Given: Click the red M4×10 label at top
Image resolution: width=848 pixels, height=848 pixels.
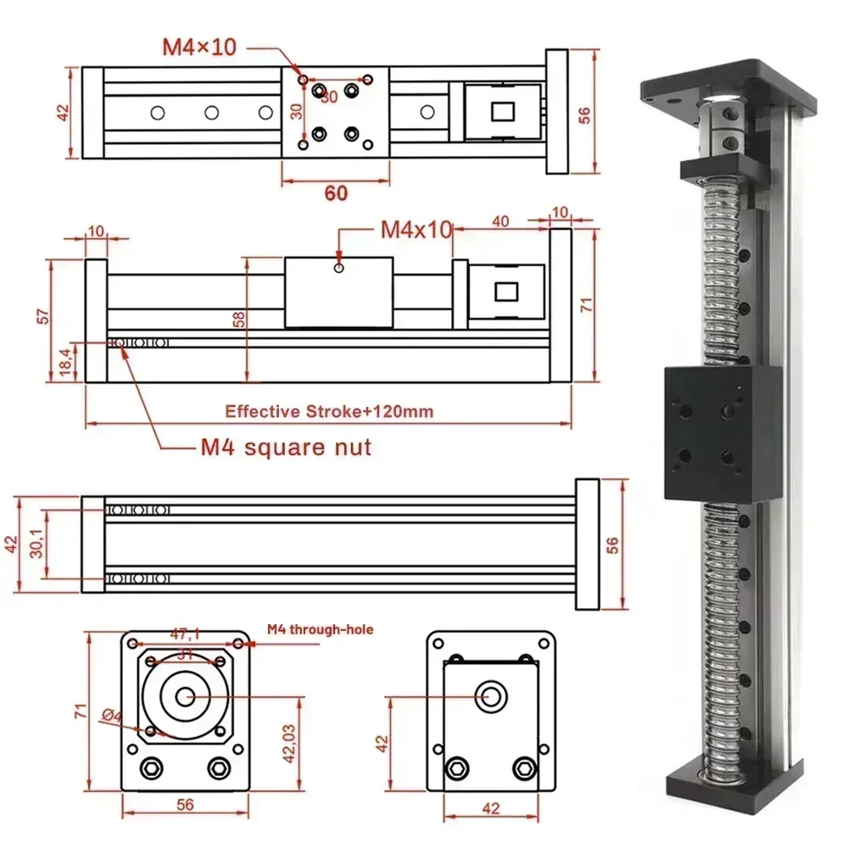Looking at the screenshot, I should (199, 47).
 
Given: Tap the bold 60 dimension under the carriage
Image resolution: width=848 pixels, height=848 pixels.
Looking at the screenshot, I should (336, 192).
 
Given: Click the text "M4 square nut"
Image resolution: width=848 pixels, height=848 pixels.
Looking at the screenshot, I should (286, 446).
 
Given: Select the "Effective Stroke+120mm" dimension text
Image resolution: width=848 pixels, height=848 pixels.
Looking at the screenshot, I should (328, 412).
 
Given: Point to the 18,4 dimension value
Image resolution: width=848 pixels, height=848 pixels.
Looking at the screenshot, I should (63, 363).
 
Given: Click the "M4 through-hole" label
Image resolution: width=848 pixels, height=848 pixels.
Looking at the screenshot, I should (320, 629).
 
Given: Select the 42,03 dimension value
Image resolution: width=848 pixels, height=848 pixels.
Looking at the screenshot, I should (288, 744).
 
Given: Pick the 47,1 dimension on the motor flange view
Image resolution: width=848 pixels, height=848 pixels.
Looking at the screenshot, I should (186, 632).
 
